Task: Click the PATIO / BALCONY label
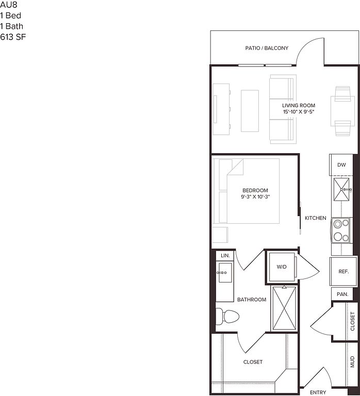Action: (267, 48)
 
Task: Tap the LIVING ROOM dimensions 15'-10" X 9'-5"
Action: (299, 111)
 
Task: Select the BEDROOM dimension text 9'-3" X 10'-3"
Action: (255, 197)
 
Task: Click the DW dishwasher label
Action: (341, 165)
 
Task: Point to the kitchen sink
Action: (341, 189)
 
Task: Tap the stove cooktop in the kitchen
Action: (341, 230)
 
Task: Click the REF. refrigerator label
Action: (343, 272)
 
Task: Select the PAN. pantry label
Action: (342, 294)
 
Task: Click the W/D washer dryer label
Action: (282, 267)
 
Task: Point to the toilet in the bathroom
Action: (227, 316)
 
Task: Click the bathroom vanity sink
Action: (225, 273)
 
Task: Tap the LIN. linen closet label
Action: (225, 256)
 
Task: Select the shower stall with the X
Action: (285, 308)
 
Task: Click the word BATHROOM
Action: (252, 300)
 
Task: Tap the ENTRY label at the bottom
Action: (318, 392)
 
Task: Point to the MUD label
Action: (353, 361)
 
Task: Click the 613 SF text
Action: (13, 37)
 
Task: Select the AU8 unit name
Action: (9, 5)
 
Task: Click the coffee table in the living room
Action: (250, 111)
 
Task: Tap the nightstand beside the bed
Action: (220, 235)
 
